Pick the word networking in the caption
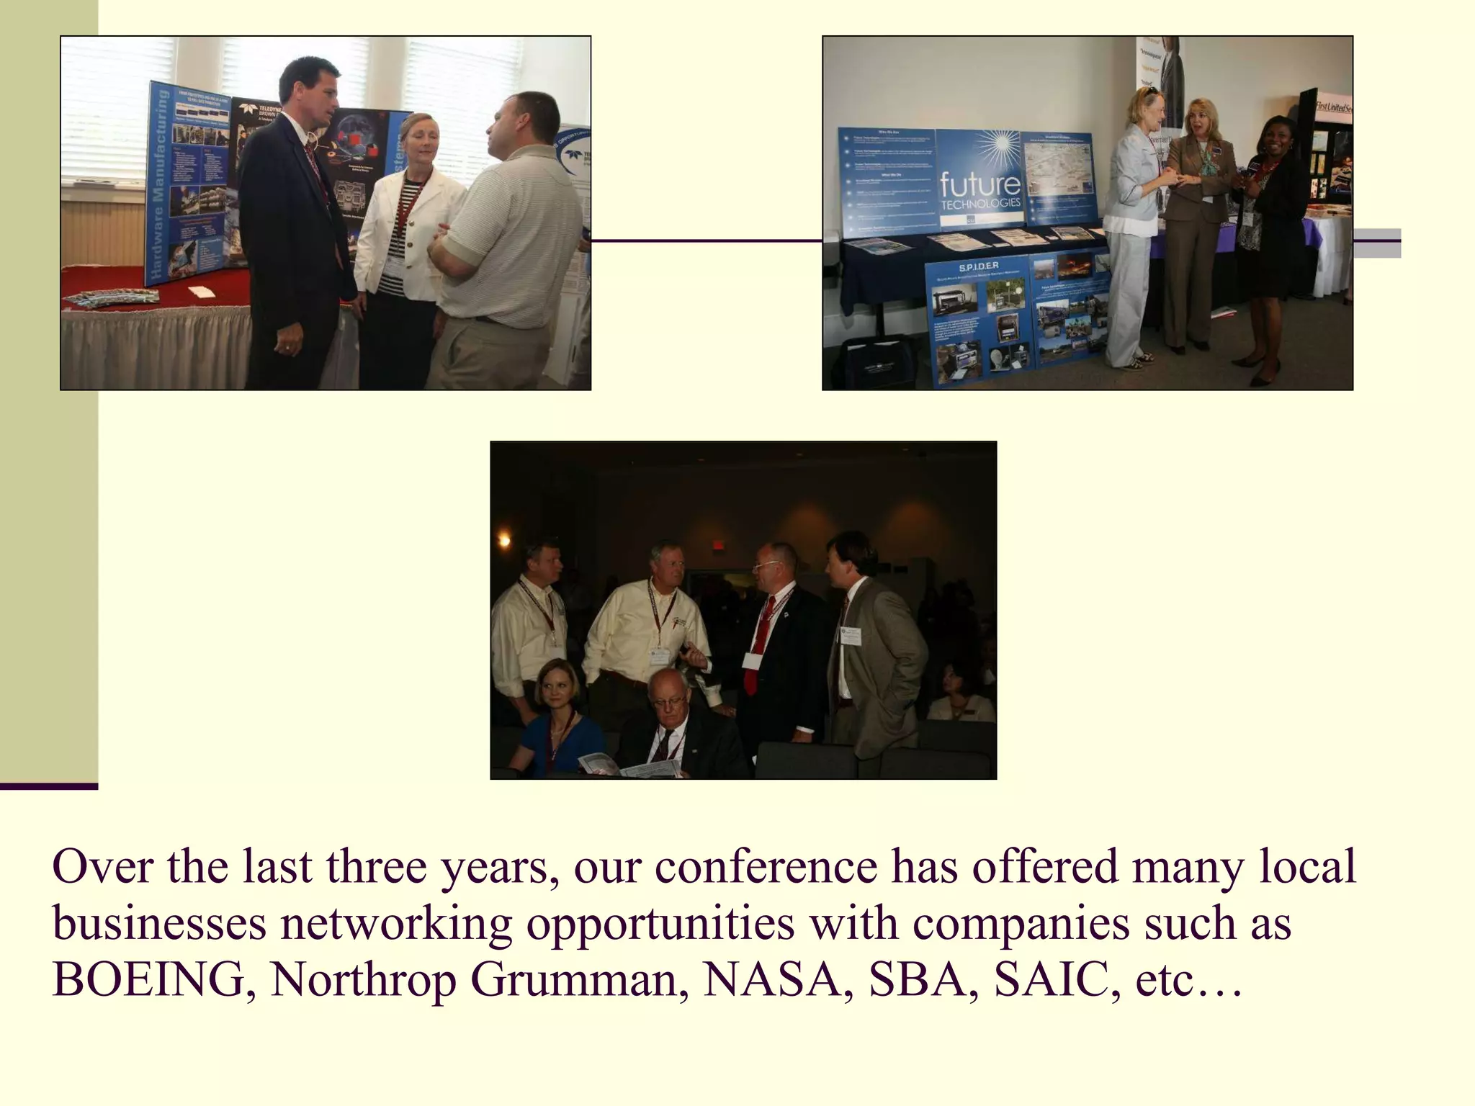(395, 923)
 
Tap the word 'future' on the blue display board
(979, 184)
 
